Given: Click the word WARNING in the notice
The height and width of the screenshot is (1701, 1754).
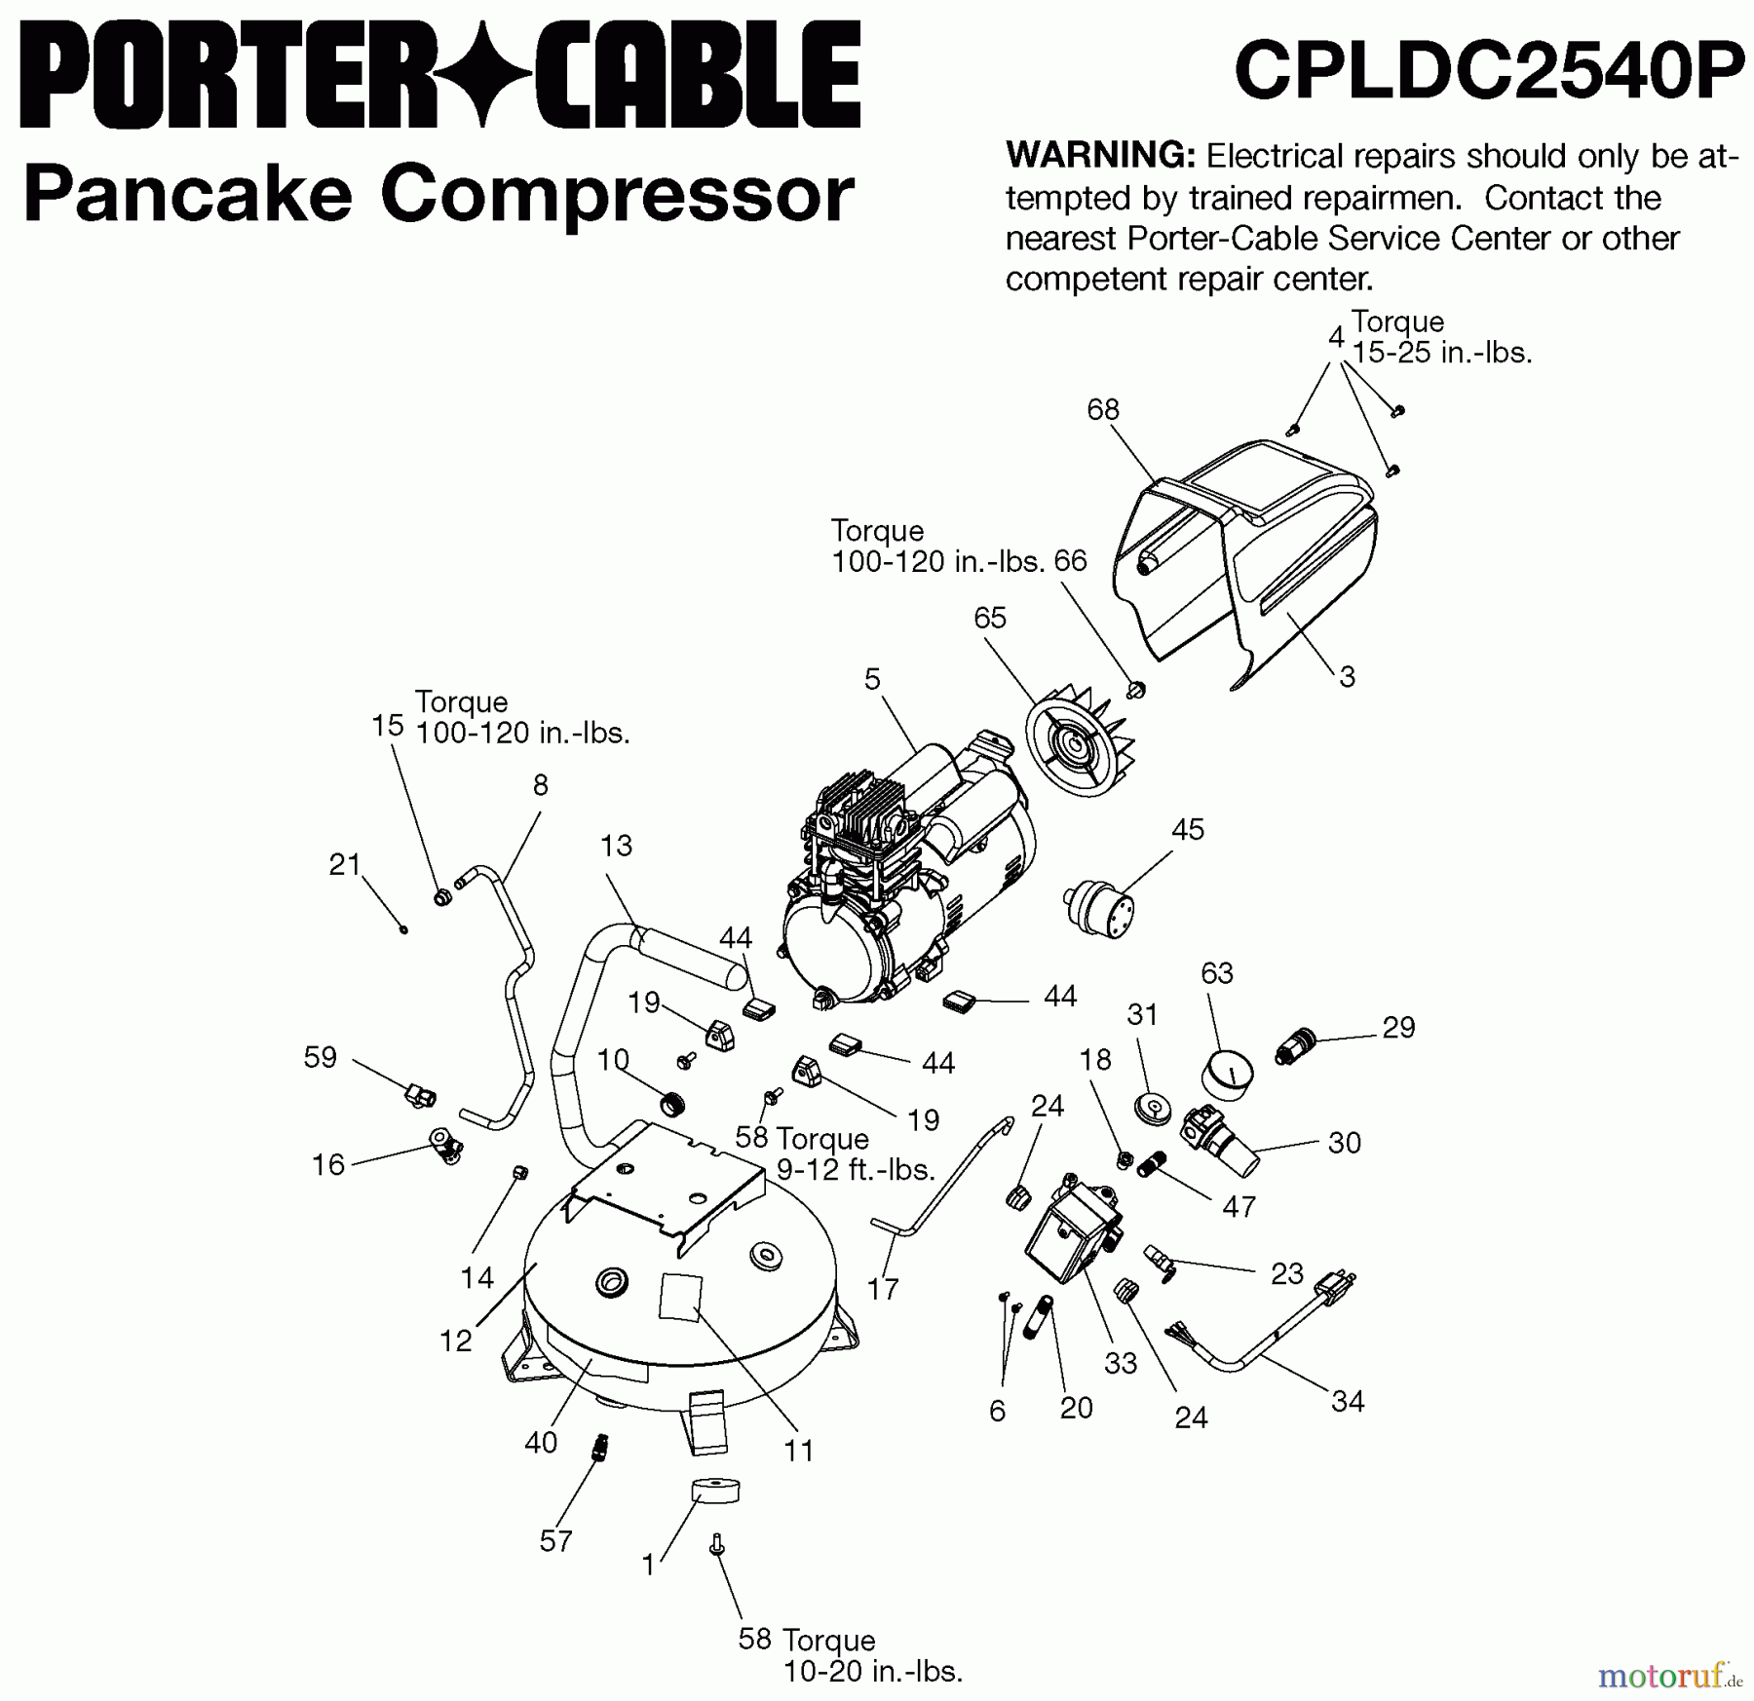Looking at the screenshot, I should coord(1099,156).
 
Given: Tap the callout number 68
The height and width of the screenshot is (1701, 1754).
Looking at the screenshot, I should coord(1103,410).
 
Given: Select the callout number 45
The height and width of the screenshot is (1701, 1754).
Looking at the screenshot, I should coord(1187,829).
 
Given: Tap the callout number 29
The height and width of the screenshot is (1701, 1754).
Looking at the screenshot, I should coord(1398,1028).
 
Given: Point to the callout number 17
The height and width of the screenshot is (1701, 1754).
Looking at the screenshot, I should coord(882,1289).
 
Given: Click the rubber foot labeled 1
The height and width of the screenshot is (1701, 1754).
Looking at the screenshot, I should coord(715,1492).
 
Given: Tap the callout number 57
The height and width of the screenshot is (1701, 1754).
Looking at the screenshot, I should coord(555,1540).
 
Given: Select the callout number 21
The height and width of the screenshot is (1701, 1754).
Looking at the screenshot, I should coord(345,864).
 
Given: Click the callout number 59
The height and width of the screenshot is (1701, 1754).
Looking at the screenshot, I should coord(320,1057).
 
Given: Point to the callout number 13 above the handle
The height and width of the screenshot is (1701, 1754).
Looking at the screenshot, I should coord(616,845).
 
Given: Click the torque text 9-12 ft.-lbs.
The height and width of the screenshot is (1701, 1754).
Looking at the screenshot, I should coord(855,1169).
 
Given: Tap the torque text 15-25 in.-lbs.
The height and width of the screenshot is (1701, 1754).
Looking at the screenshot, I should coord(1442,353).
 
